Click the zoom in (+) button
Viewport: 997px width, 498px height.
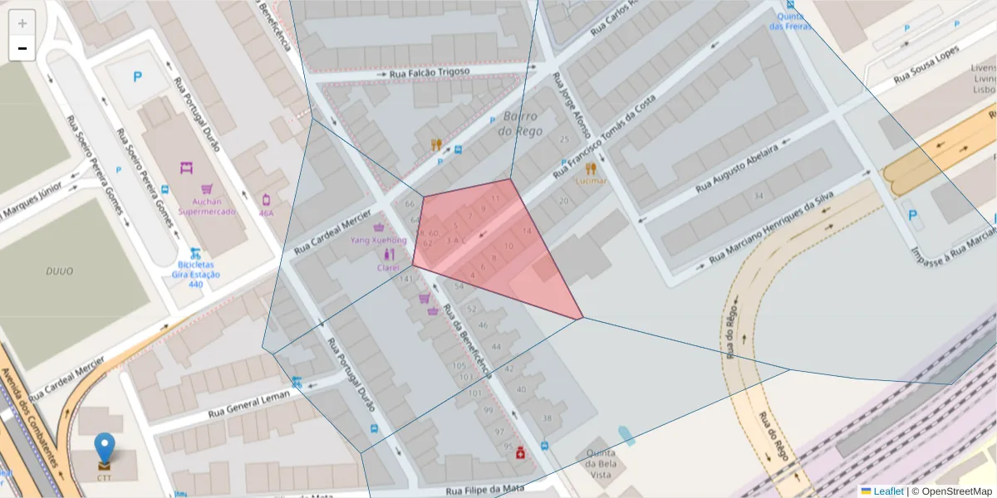pos(22,22)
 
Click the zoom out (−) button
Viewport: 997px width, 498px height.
pos(22,48)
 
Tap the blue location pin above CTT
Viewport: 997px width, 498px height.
pos(104,447)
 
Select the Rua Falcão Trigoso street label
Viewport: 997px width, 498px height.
pos(430,73)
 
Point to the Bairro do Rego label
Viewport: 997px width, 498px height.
pos(521,124)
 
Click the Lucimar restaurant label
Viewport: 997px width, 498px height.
pos(590,180)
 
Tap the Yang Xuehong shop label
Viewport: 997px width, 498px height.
pos(379,240)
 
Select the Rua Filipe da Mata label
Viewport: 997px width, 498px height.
pos(486,491)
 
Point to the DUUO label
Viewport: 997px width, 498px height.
pos(60,271)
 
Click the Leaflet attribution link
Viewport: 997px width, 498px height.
pos(887,491)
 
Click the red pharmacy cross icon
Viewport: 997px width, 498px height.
pos(520,452)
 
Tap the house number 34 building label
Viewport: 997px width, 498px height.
pos(758,196)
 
